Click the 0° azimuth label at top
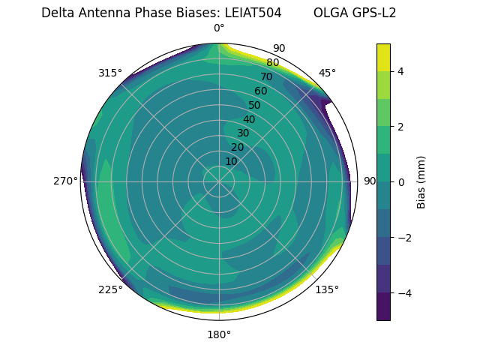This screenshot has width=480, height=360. [219, 28]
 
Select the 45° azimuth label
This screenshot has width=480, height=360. [327, 73]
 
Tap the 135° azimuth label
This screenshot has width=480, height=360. [327, 289]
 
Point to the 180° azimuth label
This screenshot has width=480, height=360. [219, 334]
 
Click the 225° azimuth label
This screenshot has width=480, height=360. [110, 289]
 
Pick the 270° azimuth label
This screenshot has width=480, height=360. [65, 181]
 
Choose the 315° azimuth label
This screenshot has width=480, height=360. [110, 73]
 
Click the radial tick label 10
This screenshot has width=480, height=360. [231, 161]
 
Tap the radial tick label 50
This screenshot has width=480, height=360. [254, 106]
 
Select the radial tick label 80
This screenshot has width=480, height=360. [272, 63]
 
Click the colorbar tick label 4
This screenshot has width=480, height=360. [401, 71]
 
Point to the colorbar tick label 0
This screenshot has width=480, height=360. [401, 182]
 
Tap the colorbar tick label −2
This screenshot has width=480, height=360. [403, 238]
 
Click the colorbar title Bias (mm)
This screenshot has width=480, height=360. [421, 182]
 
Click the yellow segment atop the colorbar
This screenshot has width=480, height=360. [383, 57]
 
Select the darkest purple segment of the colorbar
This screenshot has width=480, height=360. [383, 307]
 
